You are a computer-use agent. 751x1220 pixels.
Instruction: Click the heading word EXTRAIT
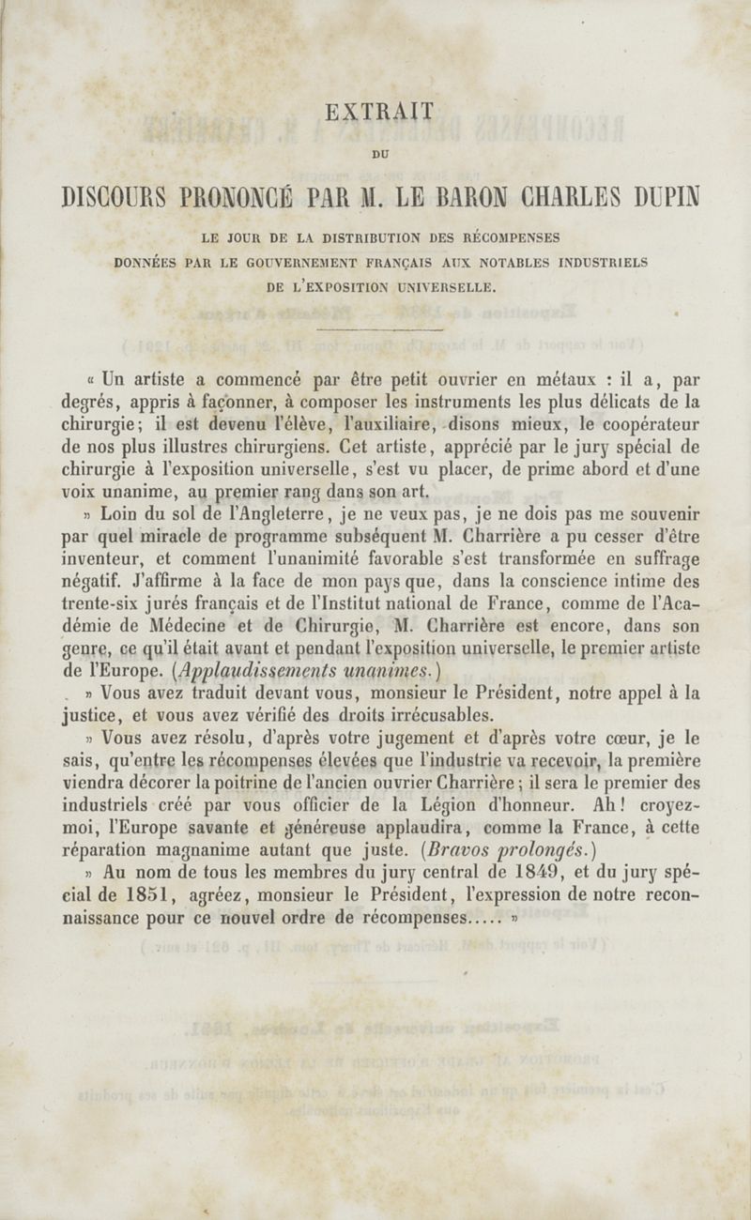point(379,112)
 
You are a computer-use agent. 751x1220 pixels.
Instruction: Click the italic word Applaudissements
point(254,671)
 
